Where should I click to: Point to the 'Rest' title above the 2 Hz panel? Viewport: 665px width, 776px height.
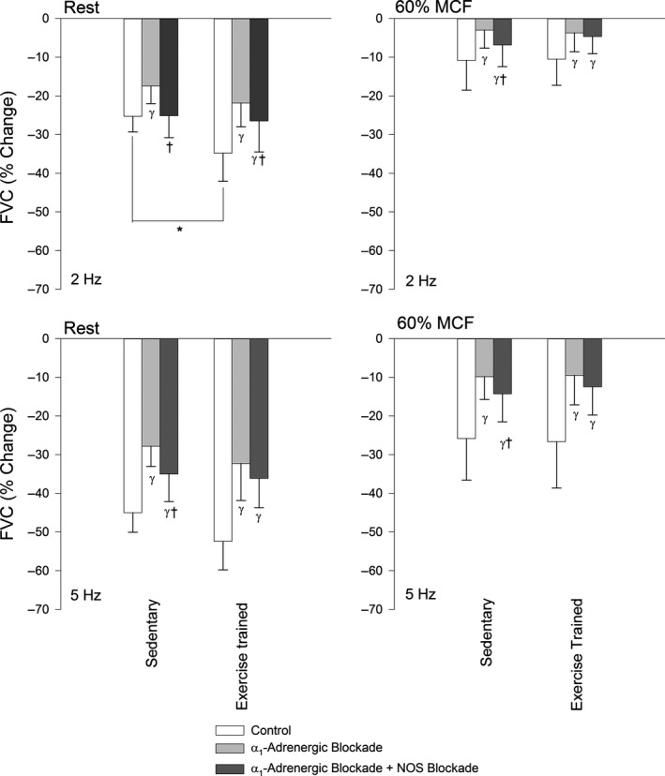pyautogui.click(x=81, y=8)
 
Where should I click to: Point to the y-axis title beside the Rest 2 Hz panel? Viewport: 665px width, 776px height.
pyautogui.click(x=16, y=154)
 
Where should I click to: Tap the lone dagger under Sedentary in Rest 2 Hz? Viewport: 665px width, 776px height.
pyautogui.click(x=169, y=148)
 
